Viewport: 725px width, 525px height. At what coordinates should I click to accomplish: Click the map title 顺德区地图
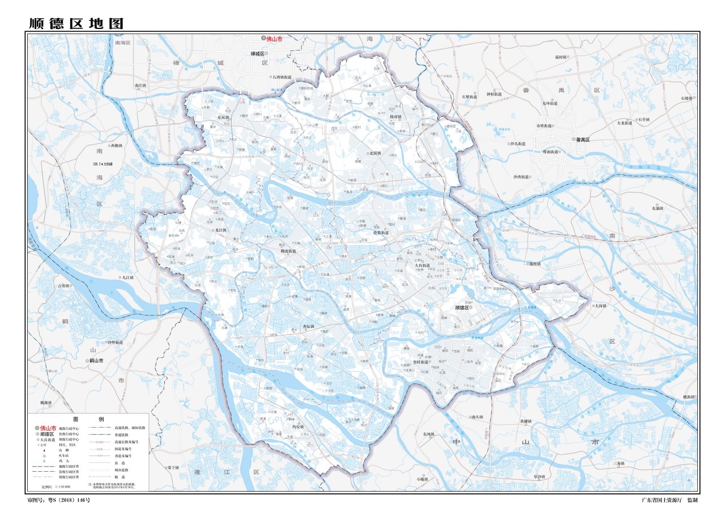pyautogui.click(x=76, y=24)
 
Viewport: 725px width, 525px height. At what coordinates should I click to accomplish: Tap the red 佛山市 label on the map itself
pyautogui.click(x=274, y=39)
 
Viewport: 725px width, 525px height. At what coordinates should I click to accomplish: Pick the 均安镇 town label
pyautogui.click(x=298, y=426)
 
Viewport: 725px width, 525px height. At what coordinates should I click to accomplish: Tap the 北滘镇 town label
pyautogui.click(x=374, y=153)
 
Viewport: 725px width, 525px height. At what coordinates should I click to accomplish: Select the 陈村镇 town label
pyautogui.click(x=395, y=117)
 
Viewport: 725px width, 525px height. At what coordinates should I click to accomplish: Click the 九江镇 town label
pyautogui.click(x=127, y=278)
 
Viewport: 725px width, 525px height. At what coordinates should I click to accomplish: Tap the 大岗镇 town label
pyautogui.click(x=600, y=306)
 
